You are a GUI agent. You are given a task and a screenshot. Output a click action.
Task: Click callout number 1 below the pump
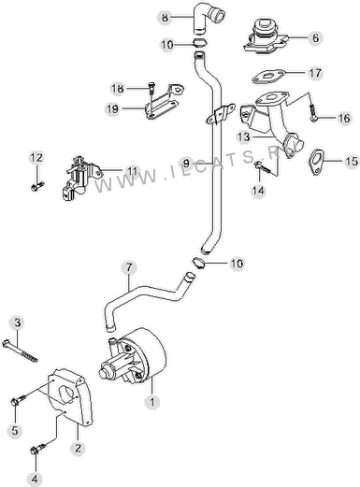[x=152, y=402]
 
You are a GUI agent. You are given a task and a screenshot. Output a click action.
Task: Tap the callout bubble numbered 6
[x=315, y=38]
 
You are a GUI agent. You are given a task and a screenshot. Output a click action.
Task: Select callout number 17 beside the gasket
[x=315, y=73]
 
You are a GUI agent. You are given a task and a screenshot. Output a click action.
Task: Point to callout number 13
[x=243, y=136]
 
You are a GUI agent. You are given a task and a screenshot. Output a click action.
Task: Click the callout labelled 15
[x=352, y=161]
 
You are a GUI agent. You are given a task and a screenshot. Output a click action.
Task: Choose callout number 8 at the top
[x=165, y=18]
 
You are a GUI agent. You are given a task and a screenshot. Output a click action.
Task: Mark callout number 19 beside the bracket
[x=112, y=108]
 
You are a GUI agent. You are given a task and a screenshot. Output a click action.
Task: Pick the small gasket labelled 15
[x=315, y=162]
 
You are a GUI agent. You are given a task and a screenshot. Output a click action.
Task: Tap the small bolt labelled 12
[x=37, y=186]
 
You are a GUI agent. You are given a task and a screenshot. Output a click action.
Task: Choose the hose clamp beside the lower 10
[x=198, y=263]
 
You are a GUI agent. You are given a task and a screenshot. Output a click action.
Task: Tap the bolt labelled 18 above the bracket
[x=151, y=89]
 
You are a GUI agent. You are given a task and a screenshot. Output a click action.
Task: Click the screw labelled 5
[x=19, y=400]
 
